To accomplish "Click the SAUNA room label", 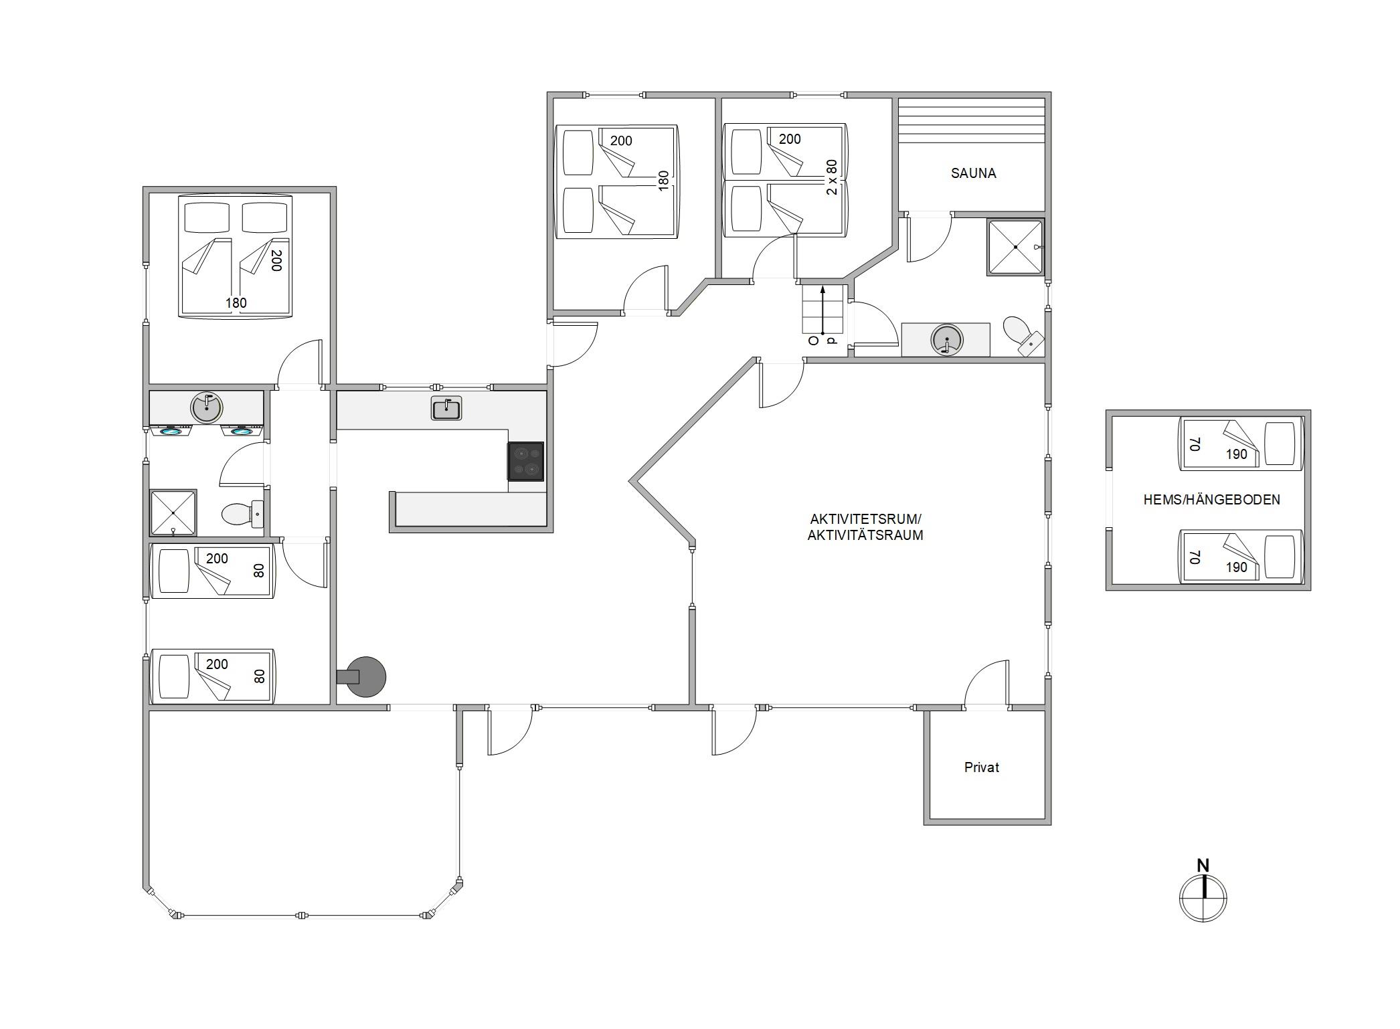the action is coord(973,173).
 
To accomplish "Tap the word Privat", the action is coord(982,767).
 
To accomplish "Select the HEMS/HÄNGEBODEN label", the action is coord(1211,499).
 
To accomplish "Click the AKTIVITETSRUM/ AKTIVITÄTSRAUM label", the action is coord(865,527).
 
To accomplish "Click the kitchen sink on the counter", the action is coord(446,408).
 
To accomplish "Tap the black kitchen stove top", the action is coord(525,461).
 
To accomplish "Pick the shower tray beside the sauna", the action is coord(1015,247).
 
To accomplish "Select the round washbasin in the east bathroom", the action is coord(946,340).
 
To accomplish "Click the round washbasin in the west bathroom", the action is coord(207,407).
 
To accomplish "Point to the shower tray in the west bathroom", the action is coord(173,512).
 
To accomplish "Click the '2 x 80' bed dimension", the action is coord(832,177).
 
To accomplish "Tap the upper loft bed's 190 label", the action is coord(1236,454).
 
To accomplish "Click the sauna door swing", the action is coord(929,239).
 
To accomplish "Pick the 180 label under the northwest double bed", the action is coord(236,303).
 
